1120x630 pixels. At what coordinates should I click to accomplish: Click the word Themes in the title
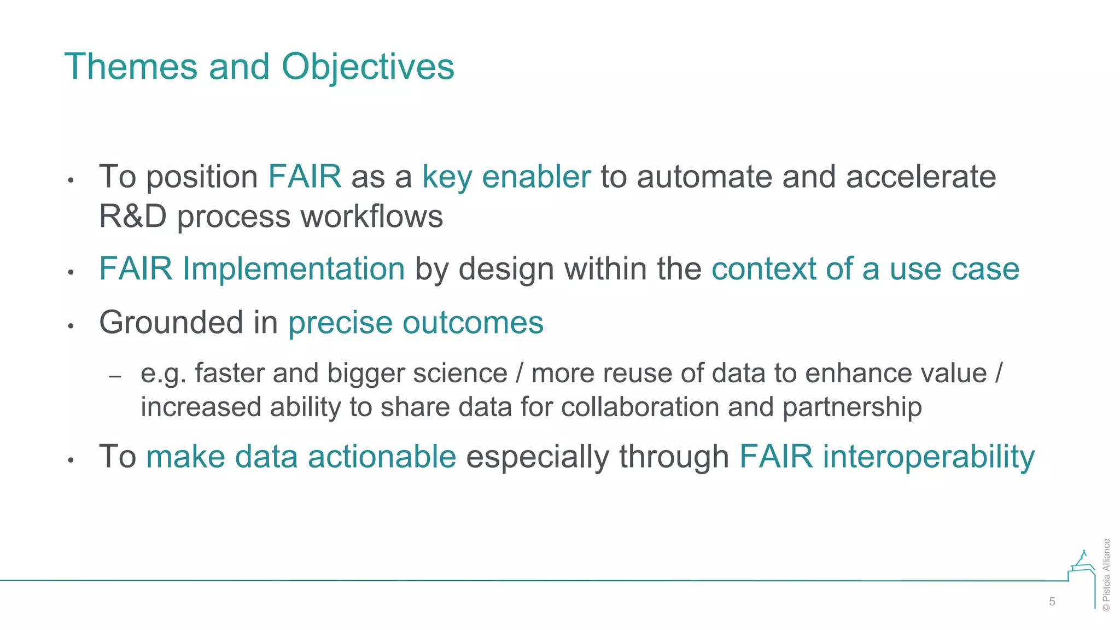point(131,67)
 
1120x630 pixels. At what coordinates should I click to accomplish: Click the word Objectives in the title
point(367,67)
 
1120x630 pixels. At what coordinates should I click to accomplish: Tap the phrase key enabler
point(506,177)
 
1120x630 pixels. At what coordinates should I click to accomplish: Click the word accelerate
point(921,177)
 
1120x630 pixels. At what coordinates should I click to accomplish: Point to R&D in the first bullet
point(133,216)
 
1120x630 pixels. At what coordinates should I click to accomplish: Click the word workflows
point(372,216)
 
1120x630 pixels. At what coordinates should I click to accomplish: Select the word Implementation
point(294,269)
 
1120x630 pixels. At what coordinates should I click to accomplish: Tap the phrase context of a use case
point(865,269)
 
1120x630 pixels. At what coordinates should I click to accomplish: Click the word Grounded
point(171,322)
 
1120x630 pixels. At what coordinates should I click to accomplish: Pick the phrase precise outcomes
point(416,322)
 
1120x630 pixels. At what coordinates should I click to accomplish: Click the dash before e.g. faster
point(115,376)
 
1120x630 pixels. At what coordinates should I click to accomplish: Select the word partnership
point(852,407)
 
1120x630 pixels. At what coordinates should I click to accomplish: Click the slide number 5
point(1052,602)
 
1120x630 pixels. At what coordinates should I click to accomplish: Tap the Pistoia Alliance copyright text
point(1107,575)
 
